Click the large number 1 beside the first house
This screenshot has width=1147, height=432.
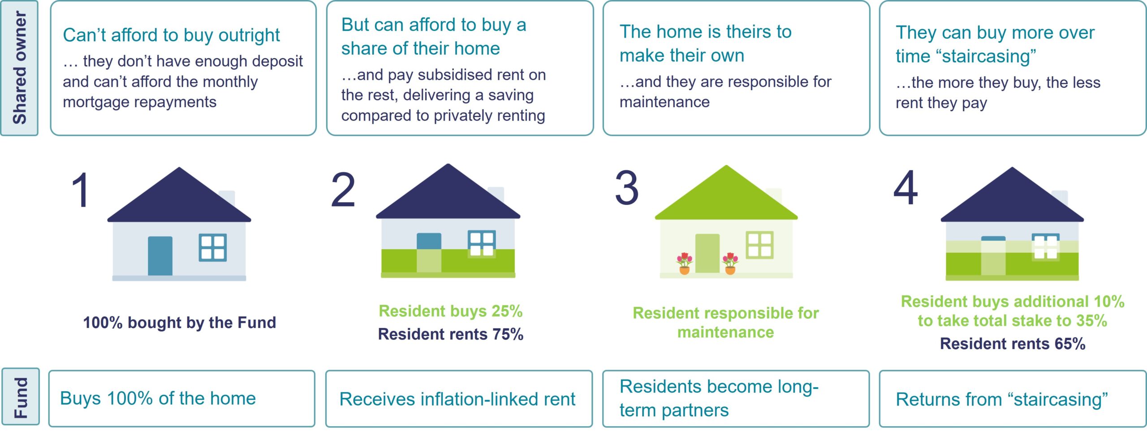click(82, 190)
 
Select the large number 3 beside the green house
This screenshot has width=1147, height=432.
click(627, 188)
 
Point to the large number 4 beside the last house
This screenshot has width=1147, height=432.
click(906, 188)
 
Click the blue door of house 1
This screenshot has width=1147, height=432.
click(160, 255)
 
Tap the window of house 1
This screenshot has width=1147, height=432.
click(213, 248)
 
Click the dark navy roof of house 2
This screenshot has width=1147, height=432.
click(448, 192)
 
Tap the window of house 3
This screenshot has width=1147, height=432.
click(760, 245)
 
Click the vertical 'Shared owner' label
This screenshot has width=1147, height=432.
click(20, 68)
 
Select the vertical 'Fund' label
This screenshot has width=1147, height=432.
click(21, 397)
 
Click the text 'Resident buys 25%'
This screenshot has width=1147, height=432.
click(451, 311)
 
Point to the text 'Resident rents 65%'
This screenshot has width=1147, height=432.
click(1013, 344)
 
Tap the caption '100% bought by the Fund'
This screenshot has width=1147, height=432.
click(180, 322)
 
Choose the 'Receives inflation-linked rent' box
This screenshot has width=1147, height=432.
click(459, 399)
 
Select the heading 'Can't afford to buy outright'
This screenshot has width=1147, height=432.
click(171, 35)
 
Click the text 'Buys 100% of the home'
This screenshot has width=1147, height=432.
click(158, 398)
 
